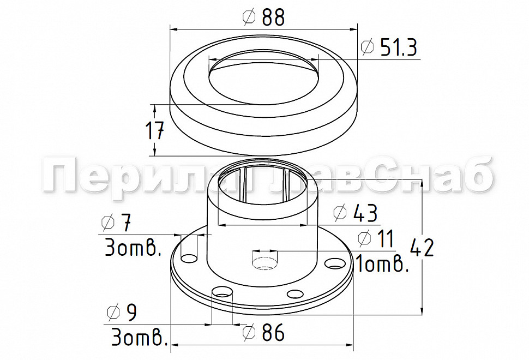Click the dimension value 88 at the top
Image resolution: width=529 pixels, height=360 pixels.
coord(273,17)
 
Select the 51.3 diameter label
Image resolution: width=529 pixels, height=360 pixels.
coord(399,47)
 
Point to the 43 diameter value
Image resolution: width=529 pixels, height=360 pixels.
coord(365,213)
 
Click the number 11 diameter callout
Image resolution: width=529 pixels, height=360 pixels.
coord(385,239)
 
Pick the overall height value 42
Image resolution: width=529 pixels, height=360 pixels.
coord(422,248)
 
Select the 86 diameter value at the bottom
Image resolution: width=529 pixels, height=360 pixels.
coord(273,332)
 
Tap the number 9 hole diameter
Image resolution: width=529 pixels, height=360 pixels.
coord(131,313)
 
